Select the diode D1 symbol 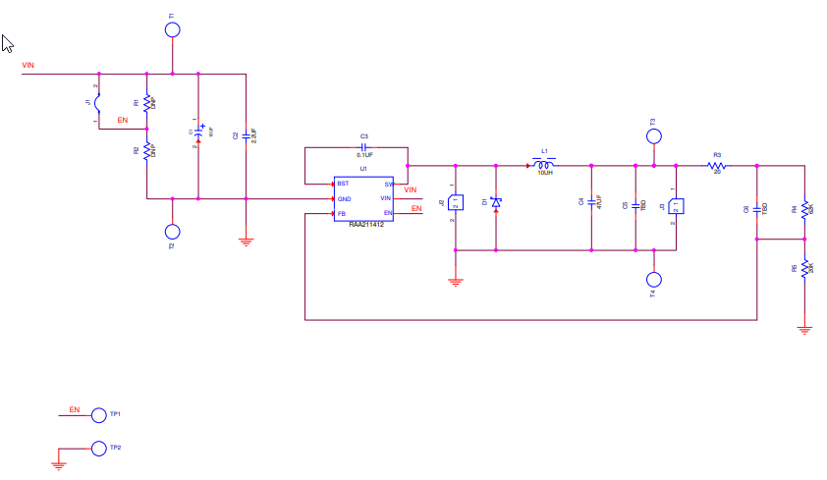click(x=496, y=202)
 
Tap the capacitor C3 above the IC click(x=363, y=146)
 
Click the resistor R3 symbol click(x=717, y=166)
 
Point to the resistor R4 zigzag click(x=805, y=208)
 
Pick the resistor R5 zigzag click(x=805, y=268)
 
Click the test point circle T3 click(x=653, y=136)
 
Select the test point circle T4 click(x=653, y=279)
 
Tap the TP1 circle click(x=98, y=415)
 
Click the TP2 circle click(x=98, y=449)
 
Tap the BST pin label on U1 click(x=343, y=184)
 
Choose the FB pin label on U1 click(x=342, y=213)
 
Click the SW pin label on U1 click(x=388, y=184)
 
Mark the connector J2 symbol click(x=456, y=203)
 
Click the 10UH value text click(x=545, y=173)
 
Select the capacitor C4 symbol click(x=591, y=202)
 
